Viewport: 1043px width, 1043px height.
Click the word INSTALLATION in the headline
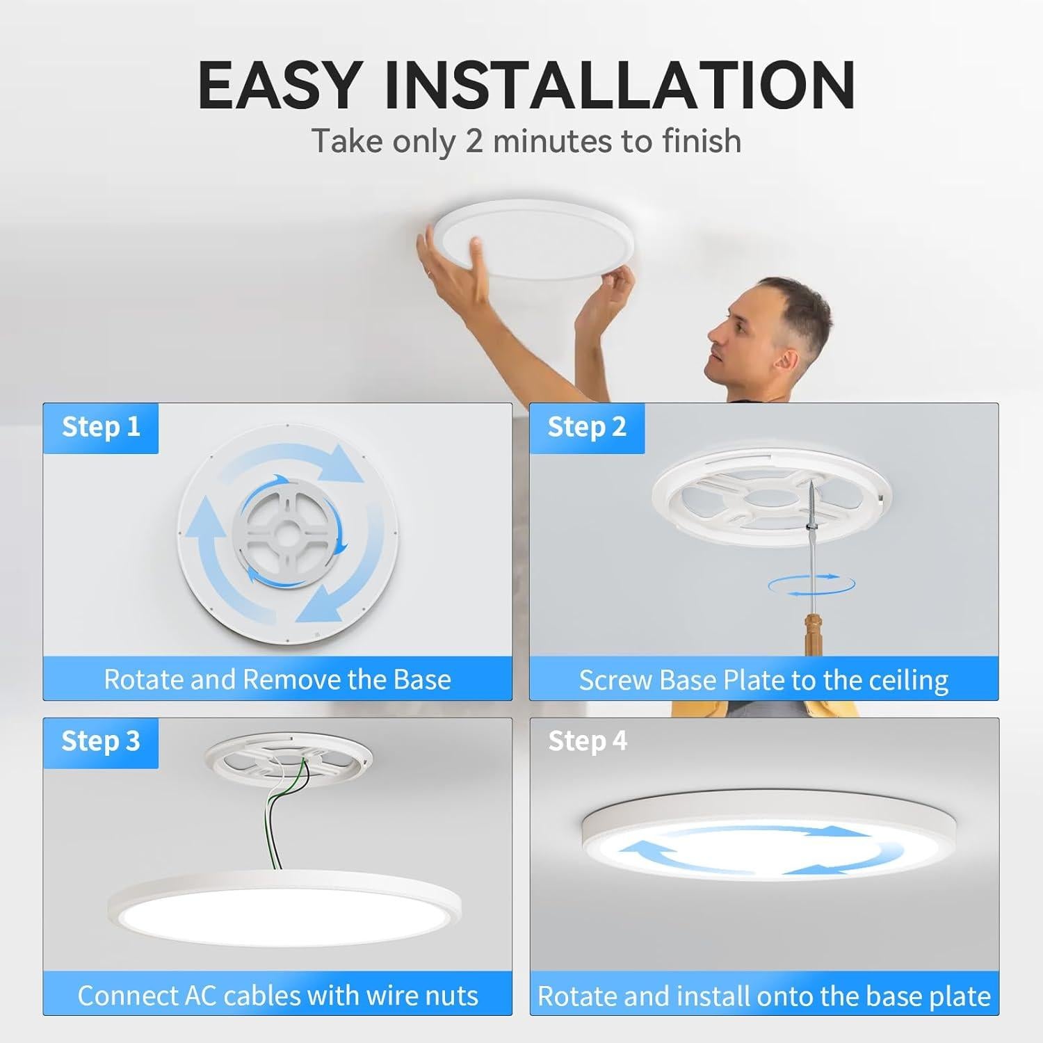pos(619,86)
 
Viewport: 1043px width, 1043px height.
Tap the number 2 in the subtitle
pos(474,140)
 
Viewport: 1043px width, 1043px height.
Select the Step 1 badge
pos(101,427)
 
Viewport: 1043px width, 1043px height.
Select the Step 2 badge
pos(587,427)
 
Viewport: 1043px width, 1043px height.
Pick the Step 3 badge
pos(101,741)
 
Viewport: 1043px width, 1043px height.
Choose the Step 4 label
pos(588,741)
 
